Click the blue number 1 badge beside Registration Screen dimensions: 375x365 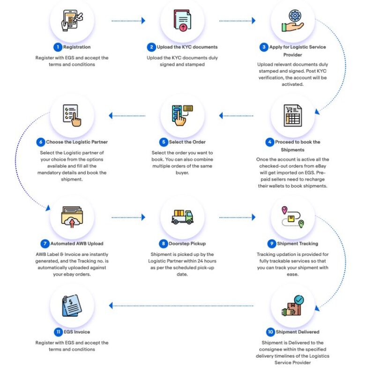(x=57, y=47)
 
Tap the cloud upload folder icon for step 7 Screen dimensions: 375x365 (x=72, y=217)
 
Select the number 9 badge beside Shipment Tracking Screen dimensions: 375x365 (x=271, y=244)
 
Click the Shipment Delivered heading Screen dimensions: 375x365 (x=298, y=332)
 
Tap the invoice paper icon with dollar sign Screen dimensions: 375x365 (x=72, y=306)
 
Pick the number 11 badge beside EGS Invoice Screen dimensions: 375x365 (x=58, y=332)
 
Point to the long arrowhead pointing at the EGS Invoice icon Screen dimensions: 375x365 (x=111, y=306)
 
